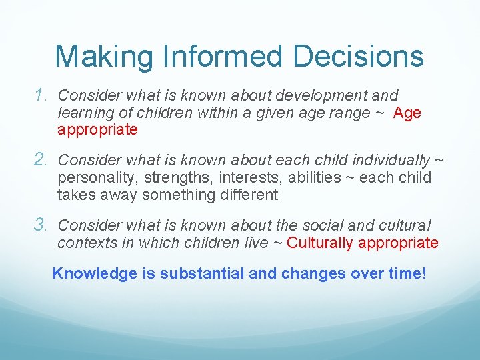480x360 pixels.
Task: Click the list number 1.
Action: [42, 95]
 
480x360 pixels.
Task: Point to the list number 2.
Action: [42, 160]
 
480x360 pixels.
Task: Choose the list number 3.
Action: [42, 225]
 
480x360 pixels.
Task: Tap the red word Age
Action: [407, 113]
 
